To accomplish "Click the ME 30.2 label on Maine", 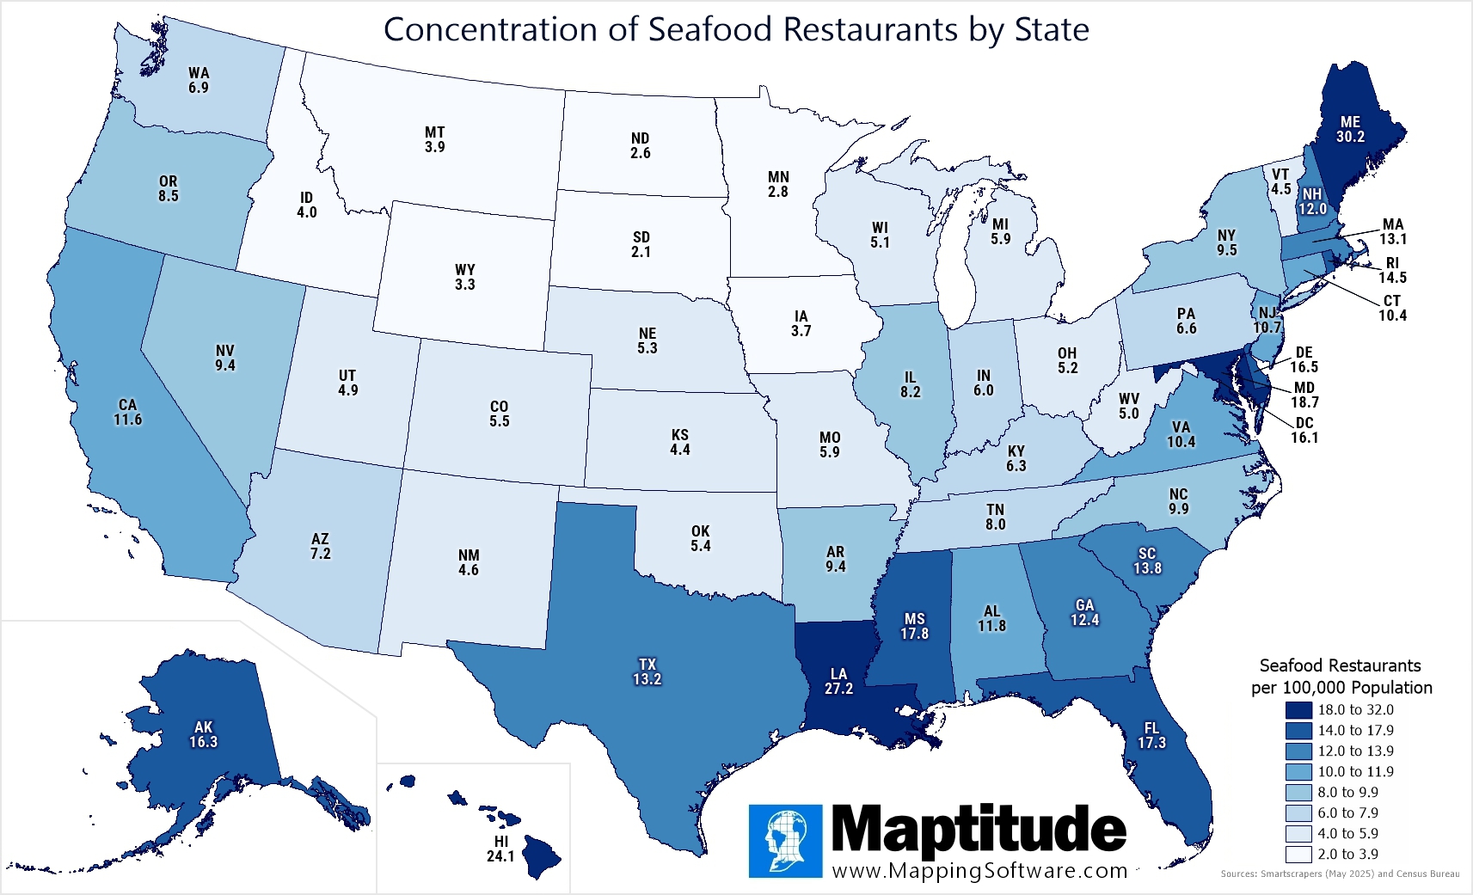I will coord(1350,129).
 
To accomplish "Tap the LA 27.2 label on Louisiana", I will coord(838,681).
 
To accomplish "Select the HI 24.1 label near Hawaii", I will coord(500,849).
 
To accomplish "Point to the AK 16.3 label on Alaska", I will coord(204,734).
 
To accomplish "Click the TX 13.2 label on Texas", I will coord(647,671).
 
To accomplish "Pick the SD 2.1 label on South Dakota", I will coord(641,244).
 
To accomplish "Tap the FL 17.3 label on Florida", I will coord(1151,735).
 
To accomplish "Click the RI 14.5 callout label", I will coord(1392,270).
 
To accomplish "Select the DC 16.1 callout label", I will coord(1304,430).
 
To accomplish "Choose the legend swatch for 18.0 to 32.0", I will coord(1298,709).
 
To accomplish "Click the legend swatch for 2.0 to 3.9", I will coord(1298,854).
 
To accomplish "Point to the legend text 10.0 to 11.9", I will coord(1355,771).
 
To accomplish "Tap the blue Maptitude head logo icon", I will coord(785,841).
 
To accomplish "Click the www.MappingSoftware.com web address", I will coord(979,870).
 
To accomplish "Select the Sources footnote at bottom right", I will coord(1340,874).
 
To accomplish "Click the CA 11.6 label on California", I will coord(127,412).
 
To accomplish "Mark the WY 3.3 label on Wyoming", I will coord(465,277).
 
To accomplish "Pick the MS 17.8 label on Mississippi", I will coord(914,626).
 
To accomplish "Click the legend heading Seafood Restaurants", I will coord(1340,665).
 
